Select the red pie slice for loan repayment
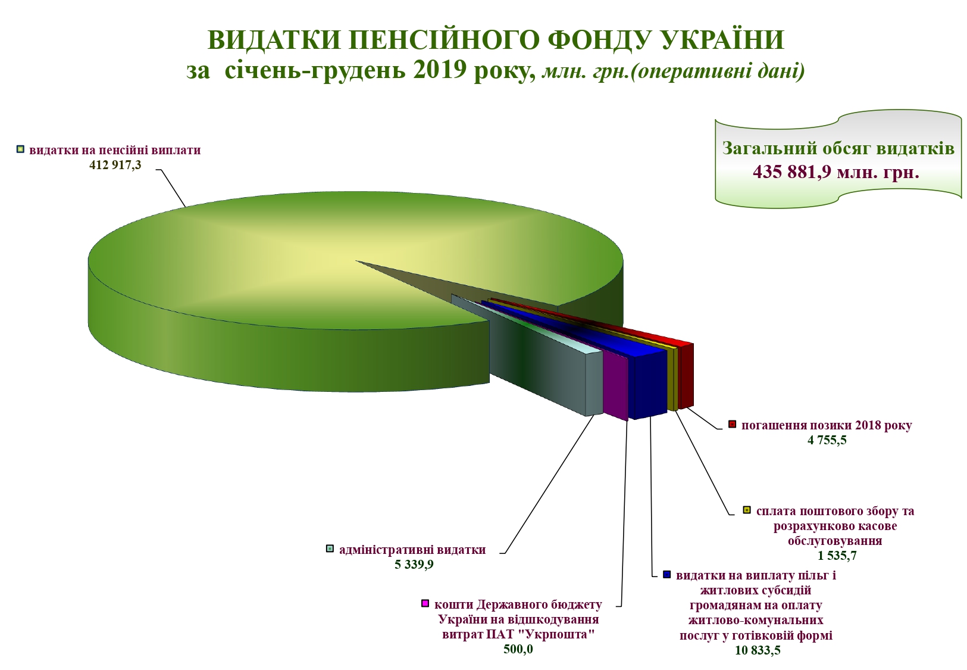[x=686, y=375]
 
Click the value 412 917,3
[x=115, y=165]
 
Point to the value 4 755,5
[x=827, y=440]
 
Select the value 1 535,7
[x=837, y=555]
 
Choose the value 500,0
[x=518, y=649]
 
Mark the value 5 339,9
[x=414, y=564]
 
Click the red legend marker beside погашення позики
[x=732, y=424]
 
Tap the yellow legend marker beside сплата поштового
[x=747, y=510]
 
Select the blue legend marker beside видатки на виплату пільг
[x=667, y=575]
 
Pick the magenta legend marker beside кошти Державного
[x=425, y=603]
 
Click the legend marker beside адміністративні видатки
[x=330, y=549]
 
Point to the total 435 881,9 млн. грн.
[x=836, y=172]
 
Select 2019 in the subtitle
[x=440, y=70]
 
